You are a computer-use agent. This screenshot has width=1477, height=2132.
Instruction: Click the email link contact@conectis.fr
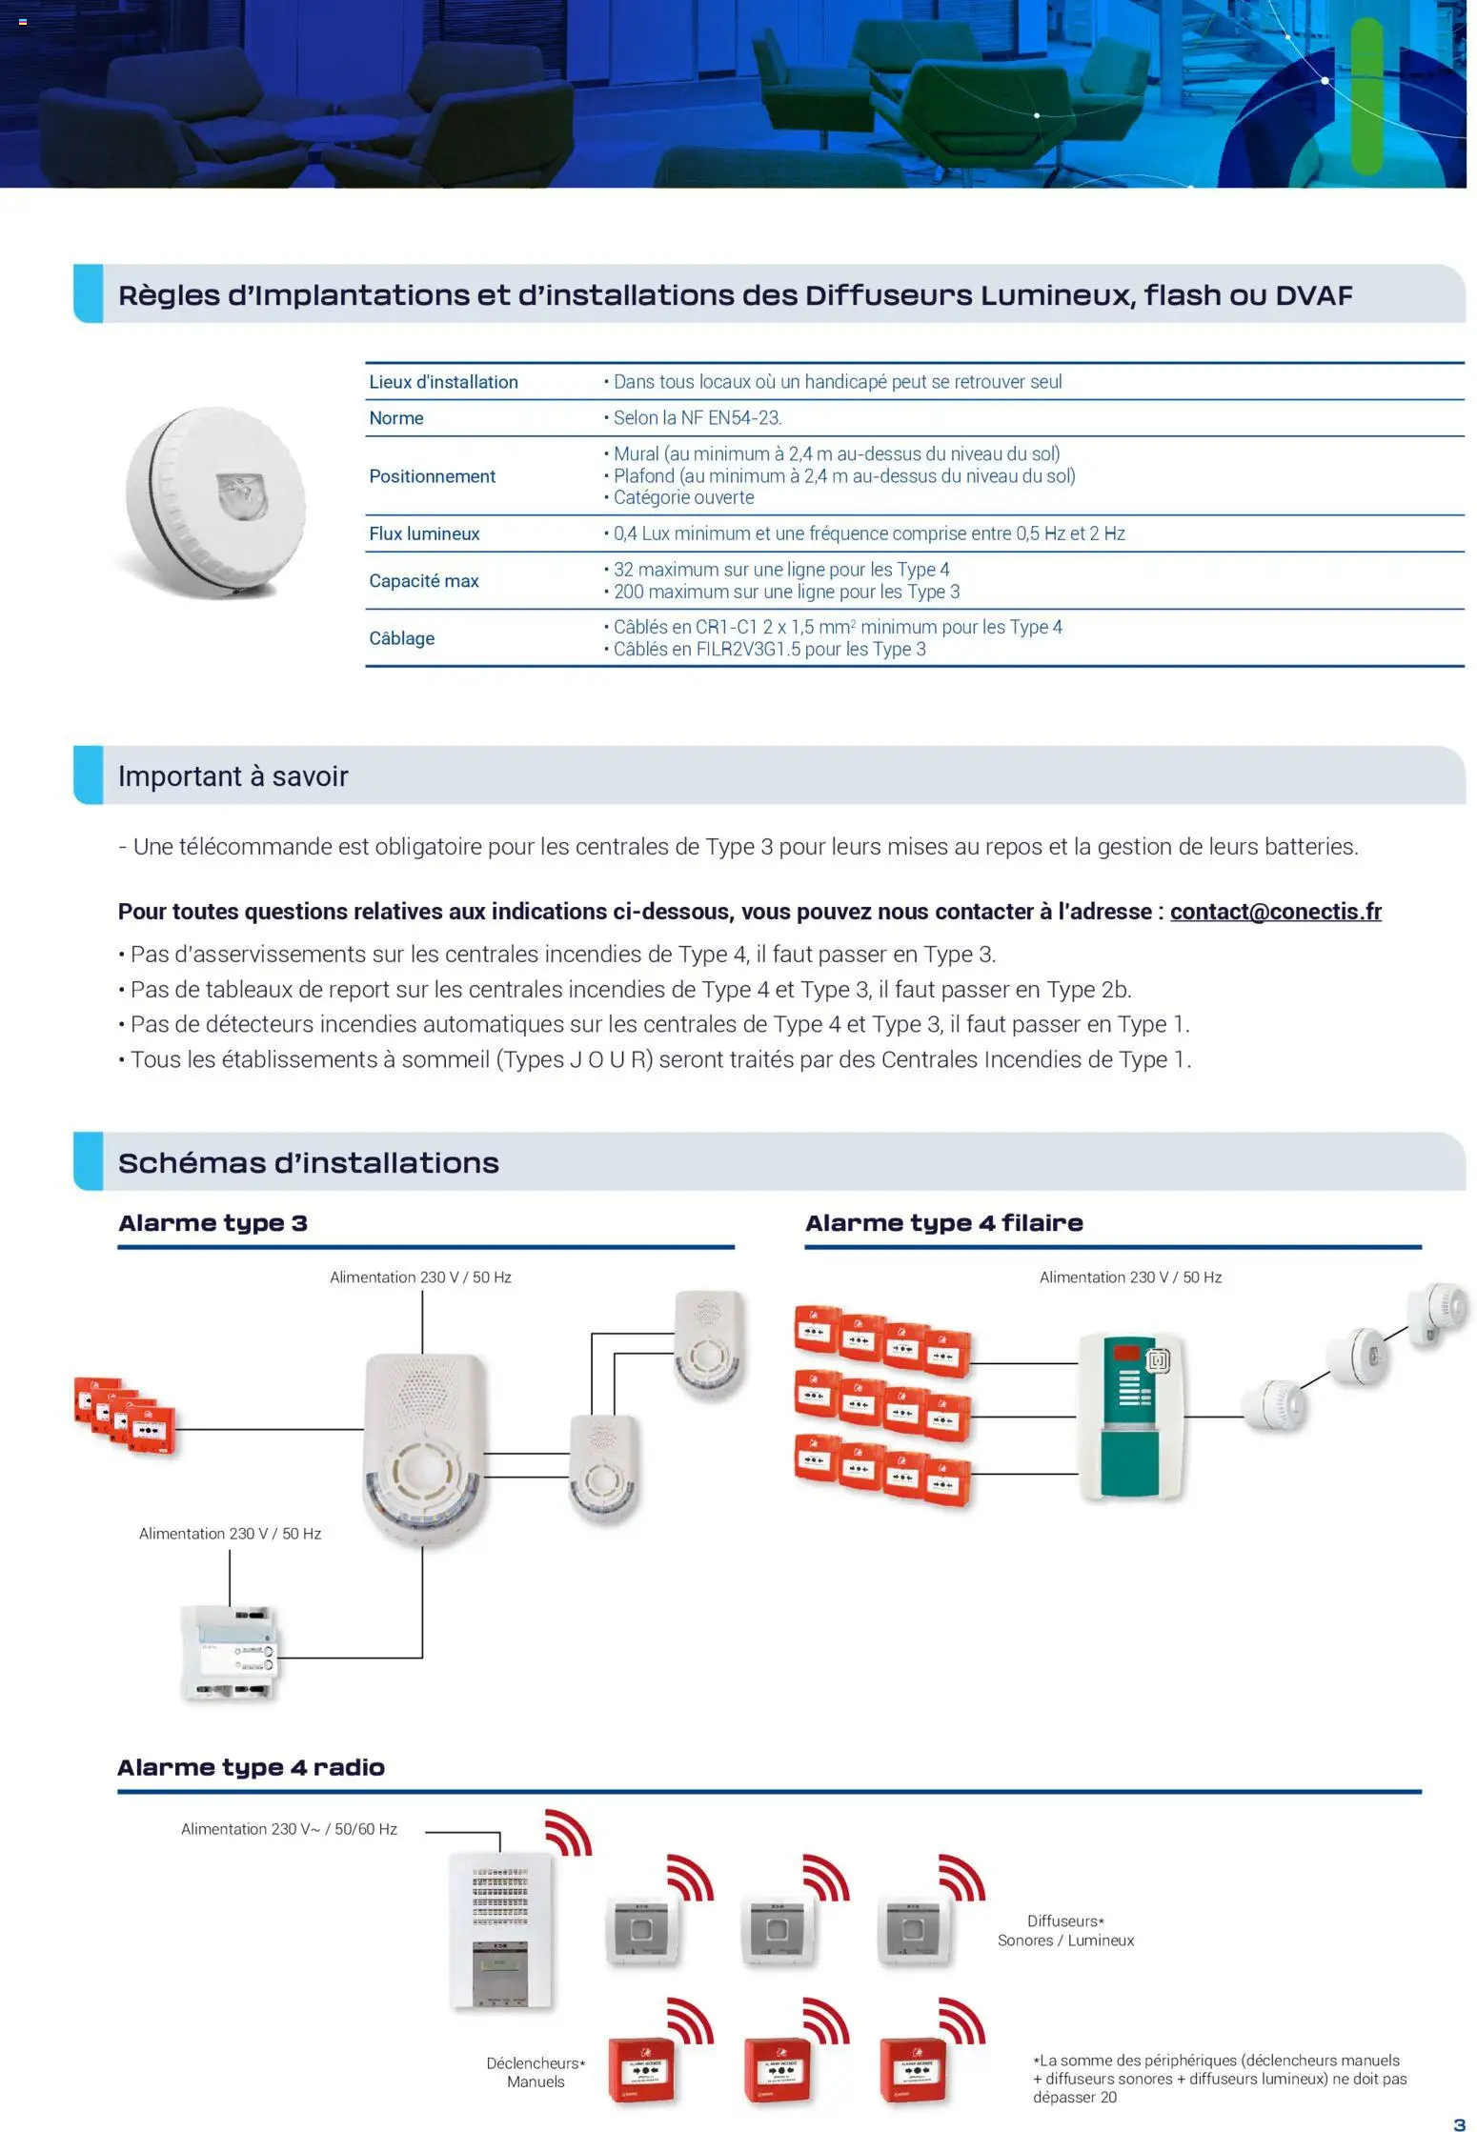pyautogui.click(x=1275, y=912)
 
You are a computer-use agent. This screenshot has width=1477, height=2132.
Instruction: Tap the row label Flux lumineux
pyautogui.click(x=424, y=533)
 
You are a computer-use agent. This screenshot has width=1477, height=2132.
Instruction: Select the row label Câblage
pyautogui.click(x=401, y=638)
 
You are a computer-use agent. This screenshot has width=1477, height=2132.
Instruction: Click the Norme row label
pyautogui.click(x=395, y=418)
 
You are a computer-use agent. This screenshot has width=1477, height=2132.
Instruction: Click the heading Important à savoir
pyautogui.click(x=233, y=776)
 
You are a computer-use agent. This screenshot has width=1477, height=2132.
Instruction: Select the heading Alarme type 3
pyautogui.click(x=212, y=1223)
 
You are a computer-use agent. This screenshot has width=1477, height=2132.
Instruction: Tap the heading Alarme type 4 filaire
pyautogui.click(x=943, y=1223)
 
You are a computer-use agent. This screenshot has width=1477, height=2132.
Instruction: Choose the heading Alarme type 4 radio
pyautogui.click(x=251, y=1767)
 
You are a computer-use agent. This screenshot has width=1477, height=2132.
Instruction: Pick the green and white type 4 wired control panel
pyautogui.click(x=1131, y=1417)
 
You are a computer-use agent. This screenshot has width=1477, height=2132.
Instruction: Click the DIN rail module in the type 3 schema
pyautogui.click(x=230, y=1653)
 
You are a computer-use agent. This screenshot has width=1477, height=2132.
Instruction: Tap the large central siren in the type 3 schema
pyautogui.click(x=423, y=1446)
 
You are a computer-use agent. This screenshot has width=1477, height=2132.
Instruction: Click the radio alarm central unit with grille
pyautogui.click(x=500, y=1929)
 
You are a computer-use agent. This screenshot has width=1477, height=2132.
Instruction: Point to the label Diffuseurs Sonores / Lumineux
pyautogui.click(x=1065, y=1931)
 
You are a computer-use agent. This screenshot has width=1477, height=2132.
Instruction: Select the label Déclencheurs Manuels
pyautogui.click(x=536, y=2072)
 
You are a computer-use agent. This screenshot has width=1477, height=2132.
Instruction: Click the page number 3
pyautogui.click(x=1459, y=2123)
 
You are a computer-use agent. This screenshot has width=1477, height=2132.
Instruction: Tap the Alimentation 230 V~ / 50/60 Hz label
pyautogui.click(x=289, y=1829)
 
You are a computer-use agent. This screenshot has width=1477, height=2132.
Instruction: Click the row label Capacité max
pyautogui.click(x=423, y=581)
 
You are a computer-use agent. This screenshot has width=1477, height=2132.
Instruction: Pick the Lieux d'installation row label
pyautogui.click(x=443, y=382)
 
